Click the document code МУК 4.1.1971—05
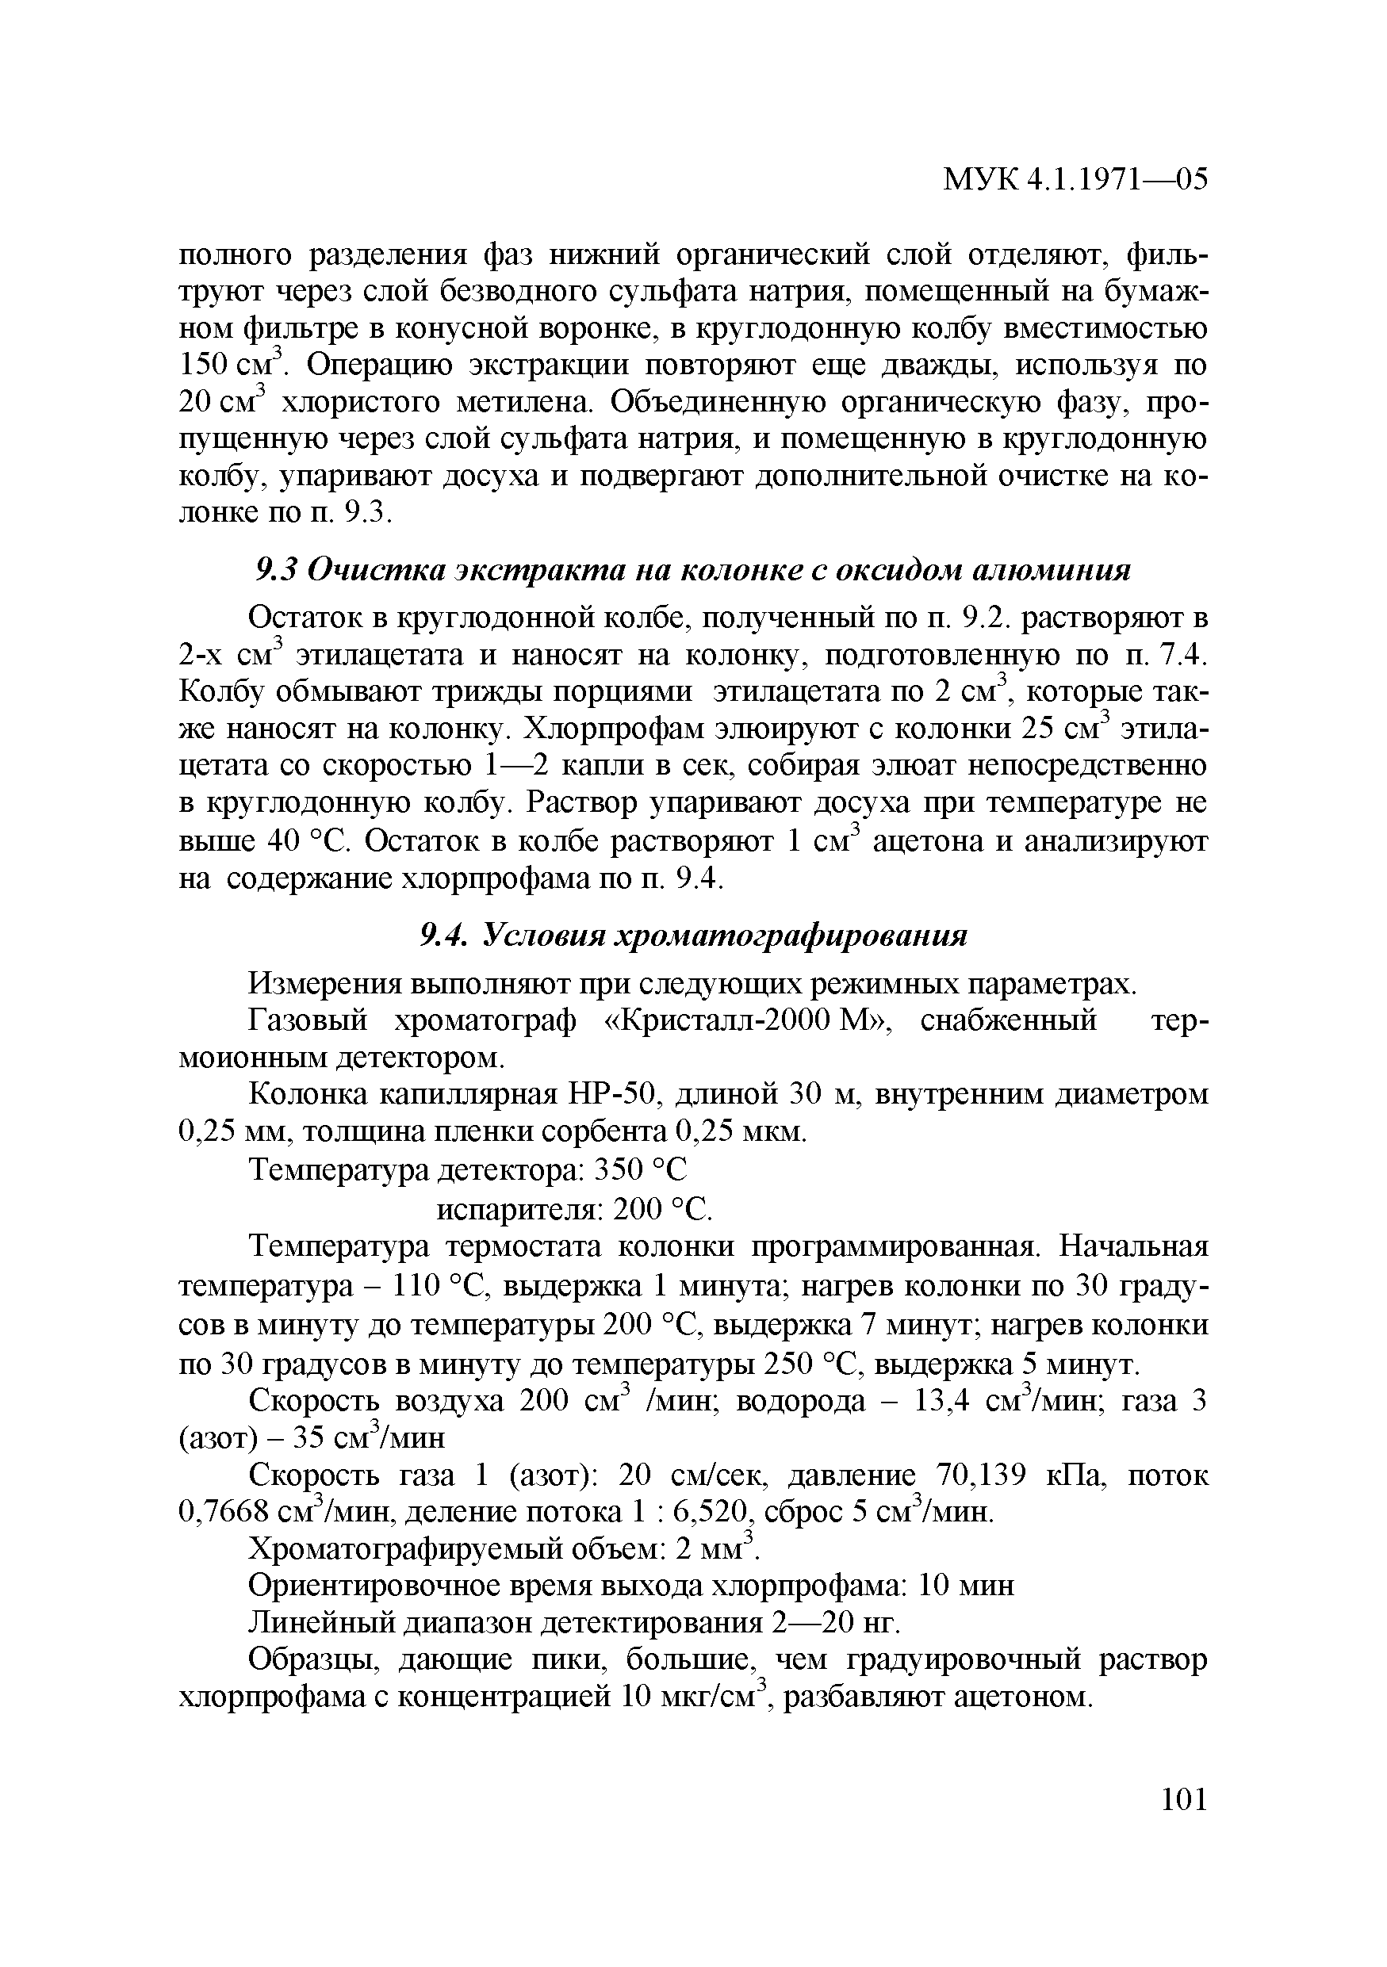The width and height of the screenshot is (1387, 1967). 1075,180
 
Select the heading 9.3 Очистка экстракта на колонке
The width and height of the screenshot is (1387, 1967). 693,570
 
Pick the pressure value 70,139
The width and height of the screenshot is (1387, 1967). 981,1475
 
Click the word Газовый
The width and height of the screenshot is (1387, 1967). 307,1021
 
